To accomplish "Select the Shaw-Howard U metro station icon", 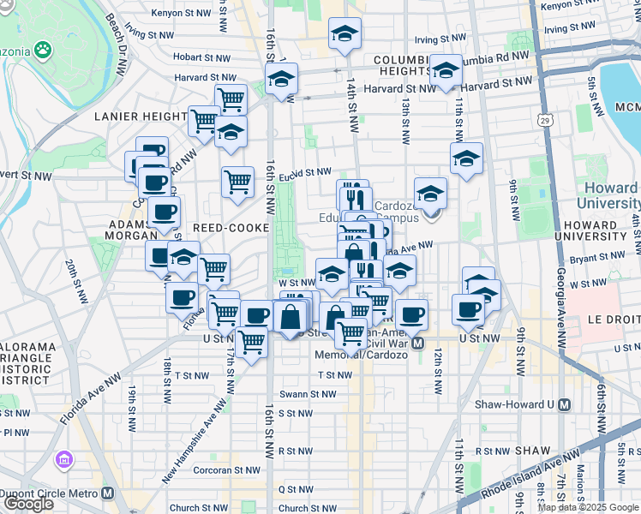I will click(x=564, y=404).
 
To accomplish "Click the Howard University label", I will click(x=609, y=195).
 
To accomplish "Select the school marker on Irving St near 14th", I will click(x=345, y=35).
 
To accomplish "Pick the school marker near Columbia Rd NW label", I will click(x=446, y=73).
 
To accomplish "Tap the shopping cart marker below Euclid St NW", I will click(x=237, y=182).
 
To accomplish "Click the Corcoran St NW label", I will click(x=227, y=469).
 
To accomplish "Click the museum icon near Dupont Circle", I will click(x=62, y=460).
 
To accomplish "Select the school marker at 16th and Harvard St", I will click(x=280, y=81).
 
